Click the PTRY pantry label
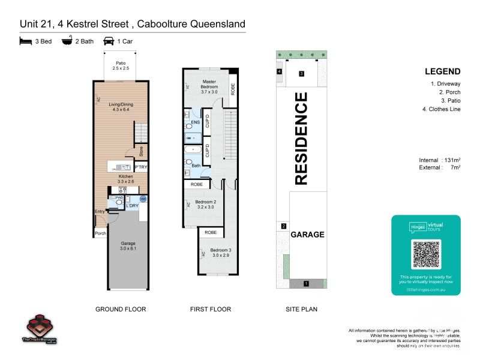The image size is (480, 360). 141,167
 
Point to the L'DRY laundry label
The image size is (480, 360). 132,206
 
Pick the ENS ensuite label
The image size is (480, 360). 195,123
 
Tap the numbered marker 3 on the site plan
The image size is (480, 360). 302,74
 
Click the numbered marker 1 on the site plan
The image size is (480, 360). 306,283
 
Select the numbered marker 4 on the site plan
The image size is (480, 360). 280,71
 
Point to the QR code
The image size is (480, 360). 426,254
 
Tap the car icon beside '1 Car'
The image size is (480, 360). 109,41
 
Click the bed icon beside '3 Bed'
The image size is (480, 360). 25,41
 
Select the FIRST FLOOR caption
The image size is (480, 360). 209,310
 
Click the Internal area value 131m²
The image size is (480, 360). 451,160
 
